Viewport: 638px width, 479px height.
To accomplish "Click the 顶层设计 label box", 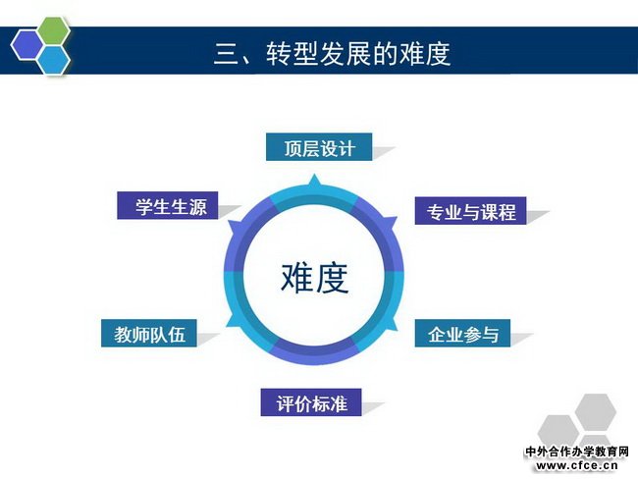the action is (319, 147).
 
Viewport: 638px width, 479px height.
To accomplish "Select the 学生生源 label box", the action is (168, 205).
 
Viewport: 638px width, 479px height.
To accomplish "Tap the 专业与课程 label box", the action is (471, 211).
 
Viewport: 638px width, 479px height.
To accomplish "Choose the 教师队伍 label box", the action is (149, 334).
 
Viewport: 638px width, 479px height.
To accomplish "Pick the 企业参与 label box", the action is (462, 334).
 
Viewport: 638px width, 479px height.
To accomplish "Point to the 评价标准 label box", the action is (311, 402).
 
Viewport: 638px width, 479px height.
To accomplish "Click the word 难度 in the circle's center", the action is (314, 278).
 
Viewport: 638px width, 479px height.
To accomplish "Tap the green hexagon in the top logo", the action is (53, 31).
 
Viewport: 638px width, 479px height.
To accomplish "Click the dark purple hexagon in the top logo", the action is (27, 45).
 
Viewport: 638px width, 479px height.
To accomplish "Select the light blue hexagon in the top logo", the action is (54, 60).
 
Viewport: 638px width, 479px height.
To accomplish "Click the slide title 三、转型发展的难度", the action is (333, 53).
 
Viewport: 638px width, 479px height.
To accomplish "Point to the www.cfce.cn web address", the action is (577, 465).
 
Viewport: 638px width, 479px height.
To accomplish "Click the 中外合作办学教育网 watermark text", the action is (577, 452).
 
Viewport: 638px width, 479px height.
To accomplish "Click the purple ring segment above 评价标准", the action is (314, 353).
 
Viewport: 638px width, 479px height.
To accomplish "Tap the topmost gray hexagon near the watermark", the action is (595, 412).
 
